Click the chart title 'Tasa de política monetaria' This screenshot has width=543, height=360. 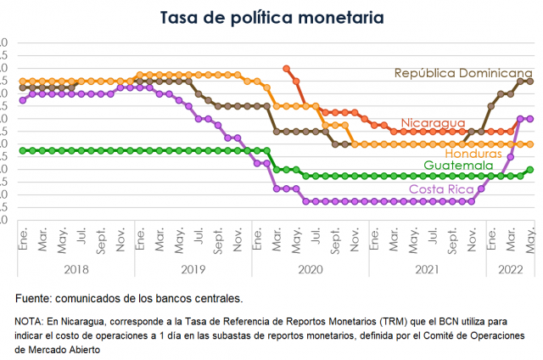point(271,17)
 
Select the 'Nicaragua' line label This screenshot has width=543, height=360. point(433,124)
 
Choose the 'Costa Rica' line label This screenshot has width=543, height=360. point(441,188)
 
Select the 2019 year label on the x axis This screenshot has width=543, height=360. point(193,268)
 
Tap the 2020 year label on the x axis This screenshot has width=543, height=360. point(311,268)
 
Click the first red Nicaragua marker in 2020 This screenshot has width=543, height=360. point(286,68)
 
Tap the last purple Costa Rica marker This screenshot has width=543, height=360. point(530,119)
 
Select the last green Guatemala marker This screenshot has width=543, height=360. point(530,169)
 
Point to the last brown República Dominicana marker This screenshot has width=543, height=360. point(530,81)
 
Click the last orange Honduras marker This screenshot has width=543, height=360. point(530,144)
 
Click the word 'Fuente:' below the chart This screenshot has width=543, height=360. point(36,299)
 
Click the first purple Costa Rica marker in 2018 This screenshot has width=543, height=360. point(22,100)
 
